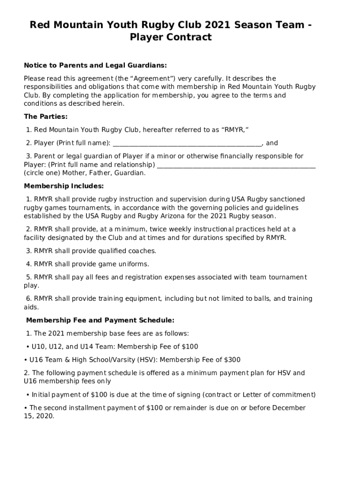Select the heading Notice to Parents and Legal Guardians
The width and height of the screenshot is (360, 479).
(x=95, y=65)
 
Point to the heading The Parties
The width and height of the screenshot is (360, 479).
(x=46, y=116)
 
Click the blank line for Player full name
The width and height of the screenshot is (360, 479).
(x=187, y=143)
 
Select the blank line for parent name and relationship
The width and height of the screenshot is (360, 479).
(x=237, y=165)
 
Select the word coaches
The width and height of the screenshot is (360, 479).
(x=142, y=251)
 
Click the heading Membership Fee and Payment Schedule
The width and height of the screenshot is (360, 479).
(x=100, y=320)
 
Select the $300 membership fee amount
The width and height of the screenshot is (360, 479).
(x=232, y=360)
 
